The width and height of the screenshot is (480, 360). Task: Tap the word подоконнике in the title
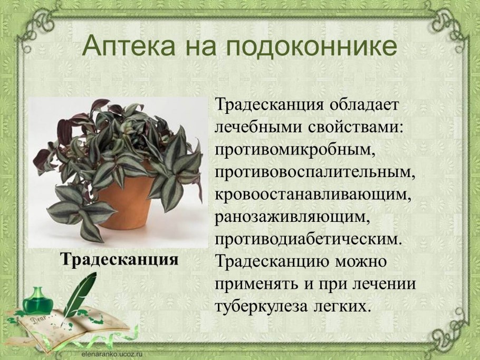coord(312,46)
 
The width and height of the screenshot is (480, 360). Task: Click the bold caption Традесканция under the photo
coord(119,259)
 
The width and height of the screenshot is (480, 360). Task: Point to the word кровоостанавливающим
coord(312,194)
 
